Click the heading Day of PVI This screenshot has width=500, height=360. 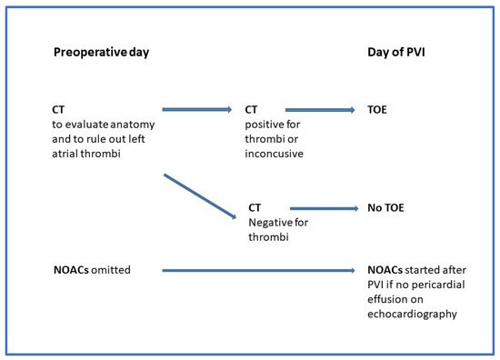[394, 53]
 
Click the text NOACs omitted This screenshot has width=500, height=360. [93, 270]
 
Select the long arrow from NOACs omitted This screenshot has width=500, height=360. [258, 270]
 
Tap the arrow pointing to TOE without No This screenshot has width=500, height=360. [320, 110]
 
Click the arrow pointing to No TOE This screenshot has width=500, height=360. [323, 207]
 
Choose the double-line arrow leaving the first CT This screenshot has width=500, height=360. [196, 110]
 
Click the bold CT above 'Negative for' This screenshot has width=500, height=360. [255, 207]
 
